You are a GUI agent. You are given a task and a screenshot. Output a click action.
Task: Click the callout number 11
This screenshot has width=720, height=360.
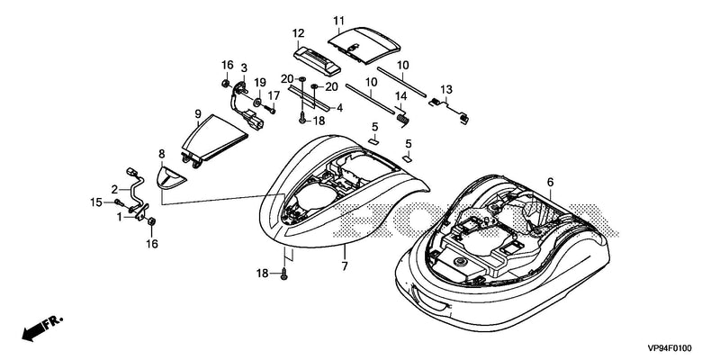tap(338, 21)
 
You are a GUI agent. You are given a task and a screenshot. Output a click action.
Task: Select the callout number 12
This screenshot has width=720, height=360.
tap(299, 33)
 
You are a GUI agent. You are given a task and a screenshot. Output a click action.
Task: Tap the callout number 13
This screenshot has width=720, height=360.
tap(446, 89)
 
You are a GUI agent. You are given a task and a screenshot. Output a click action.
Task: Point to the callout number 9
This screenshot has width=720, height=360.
tap(198, 113)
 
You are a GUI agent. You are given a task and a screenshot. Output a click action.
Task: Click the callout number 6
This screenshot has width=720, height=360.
tap(550, 183)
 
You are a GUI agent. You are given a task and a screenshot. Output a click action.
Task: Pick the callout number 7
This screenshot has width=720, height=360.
tap(345, 265)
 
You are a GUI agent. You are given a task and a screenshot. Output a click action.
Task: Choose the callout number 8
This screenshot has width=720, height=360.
tap(162, 154)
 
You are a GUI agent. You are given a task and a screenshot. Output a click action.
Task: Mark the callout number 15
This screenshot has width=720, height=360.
tap(95, 202)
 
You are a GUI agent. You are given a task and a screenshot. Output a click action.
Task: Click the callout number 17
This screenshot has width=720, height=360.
tap(274, 96)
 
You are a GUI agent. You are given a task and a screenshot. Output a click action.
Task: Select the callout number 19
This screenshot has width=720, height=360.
tap(260, 83)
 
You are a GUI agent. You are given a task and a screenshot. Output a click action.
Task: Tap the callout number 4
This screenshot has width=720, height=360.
tap(340, 108)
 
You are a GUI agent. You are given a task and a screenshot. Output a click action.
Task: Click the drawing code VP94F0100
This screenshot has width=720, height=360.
tap(670, 348)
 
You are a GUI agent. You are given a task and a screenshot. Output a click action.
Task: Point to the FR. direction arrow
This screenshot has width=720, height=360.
tap(42, 328)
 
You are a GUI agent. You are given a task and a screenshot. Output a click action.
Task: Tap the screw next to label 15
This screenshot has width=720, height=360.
tap(120, 202)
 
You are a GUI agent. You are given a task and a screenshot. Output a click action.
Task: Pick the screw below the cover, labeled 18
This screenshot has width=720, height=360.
tap(283, 275)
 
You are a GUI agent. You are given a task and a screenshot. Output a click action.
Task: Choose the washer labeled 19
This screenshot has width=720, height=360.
tap(257, 102)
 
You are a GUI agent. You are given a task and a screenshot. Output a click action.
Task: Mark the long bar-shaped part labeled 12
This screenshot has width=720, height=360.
tap(317, 60)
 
